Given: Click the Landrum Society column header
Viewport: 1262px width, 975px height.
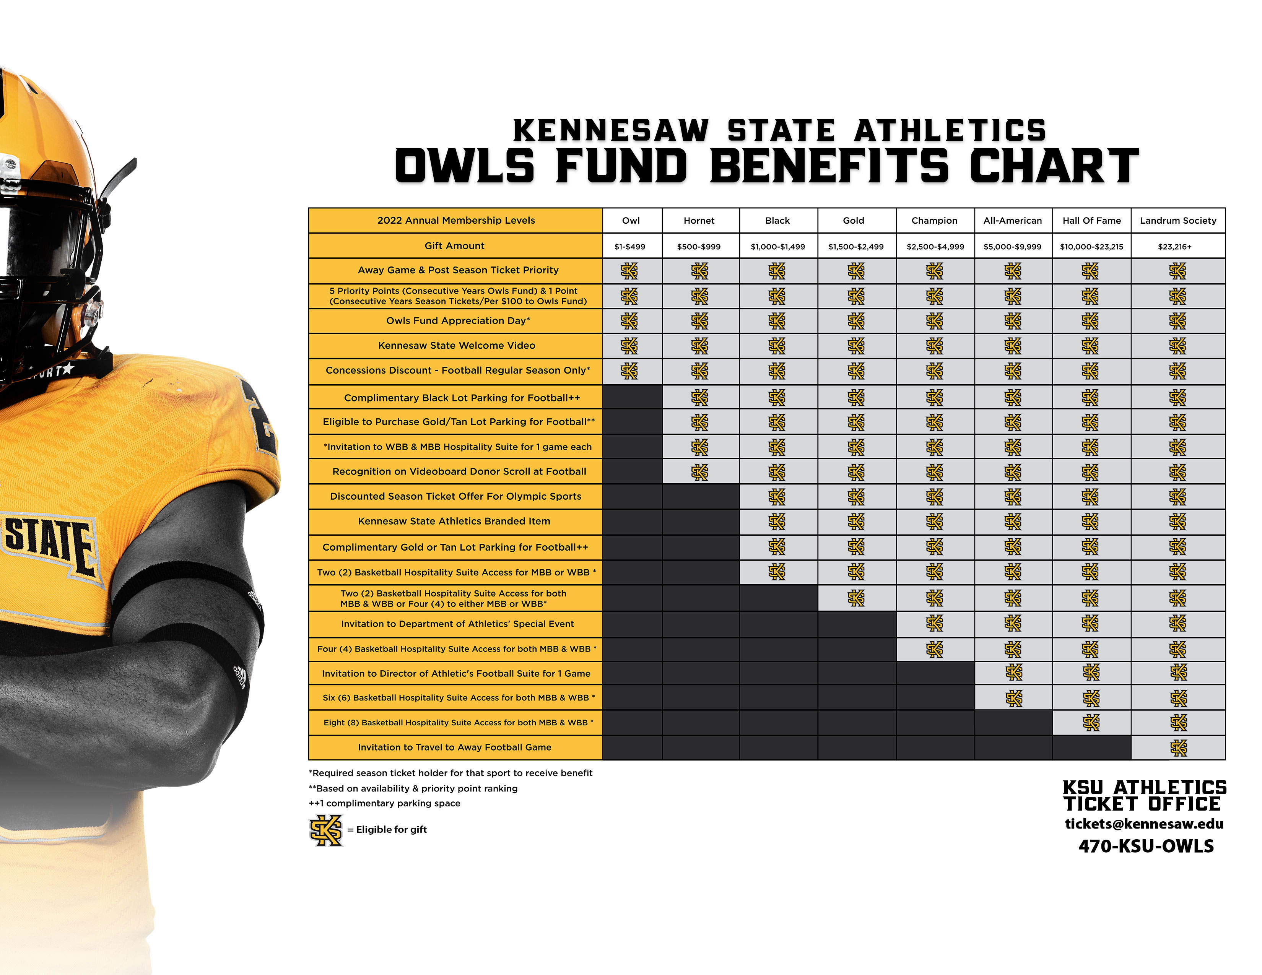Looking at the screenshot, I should point(1177,221).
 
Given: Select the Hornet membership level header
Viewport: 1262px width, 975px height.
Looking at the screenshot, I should point(699,221).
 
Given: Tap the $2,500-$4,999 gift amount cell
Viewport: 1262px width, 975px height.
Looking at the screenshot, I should point(935,247).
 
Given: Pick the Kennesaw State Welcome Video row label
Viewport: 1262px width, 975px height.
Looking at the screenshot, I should point(457,345).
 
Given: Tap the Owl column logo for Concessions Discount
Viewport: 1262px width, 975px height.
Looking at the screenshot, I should point(629,371).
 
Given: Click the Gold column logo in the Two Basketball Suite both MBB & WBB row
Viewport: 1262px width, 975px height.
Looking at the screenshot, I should point(856,598).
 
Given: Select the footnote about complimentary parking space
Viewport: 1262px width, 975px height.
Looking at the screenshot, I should point(384,803).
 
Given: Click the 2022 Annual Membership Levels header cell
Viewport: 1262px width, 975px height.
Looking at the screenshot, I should point(455,221).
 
